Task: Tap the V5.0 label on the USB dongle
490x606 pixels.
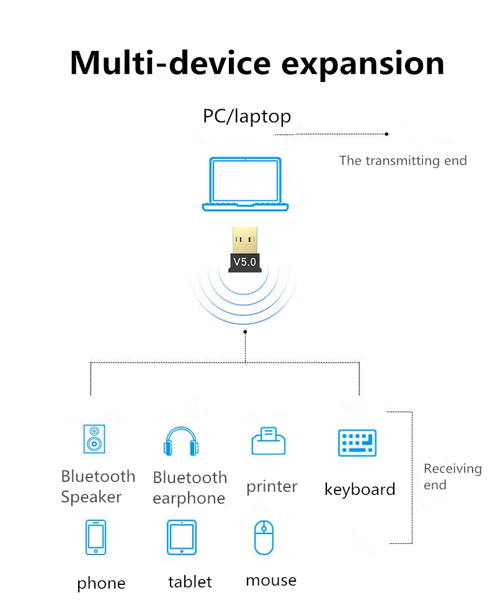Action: point(244,261)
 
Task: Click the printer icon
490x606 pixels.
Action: point(269,441)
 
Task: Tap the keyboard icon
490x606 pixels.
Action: point(358,443)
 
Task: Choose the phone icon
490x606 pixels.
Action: point(96,537)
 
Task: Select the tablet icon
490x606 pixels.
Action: point(182,537)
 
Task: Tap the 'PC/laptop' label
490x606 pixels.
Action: point(247,116)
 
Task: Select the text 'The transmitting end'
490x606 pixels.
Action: point(403,161)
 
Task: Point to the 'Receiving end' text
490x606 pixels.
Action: point(452,476)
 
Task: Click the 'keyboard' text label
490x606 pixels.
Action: point(360,489)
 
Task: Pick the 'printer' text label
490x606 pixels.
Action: point(272,487)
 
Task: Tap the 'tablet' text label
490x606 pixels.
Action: point(190,582)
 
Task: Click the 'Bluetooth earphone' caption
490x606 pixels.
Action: point(189,487)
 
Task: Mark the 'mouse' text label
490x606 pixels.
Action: point(271,580)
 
